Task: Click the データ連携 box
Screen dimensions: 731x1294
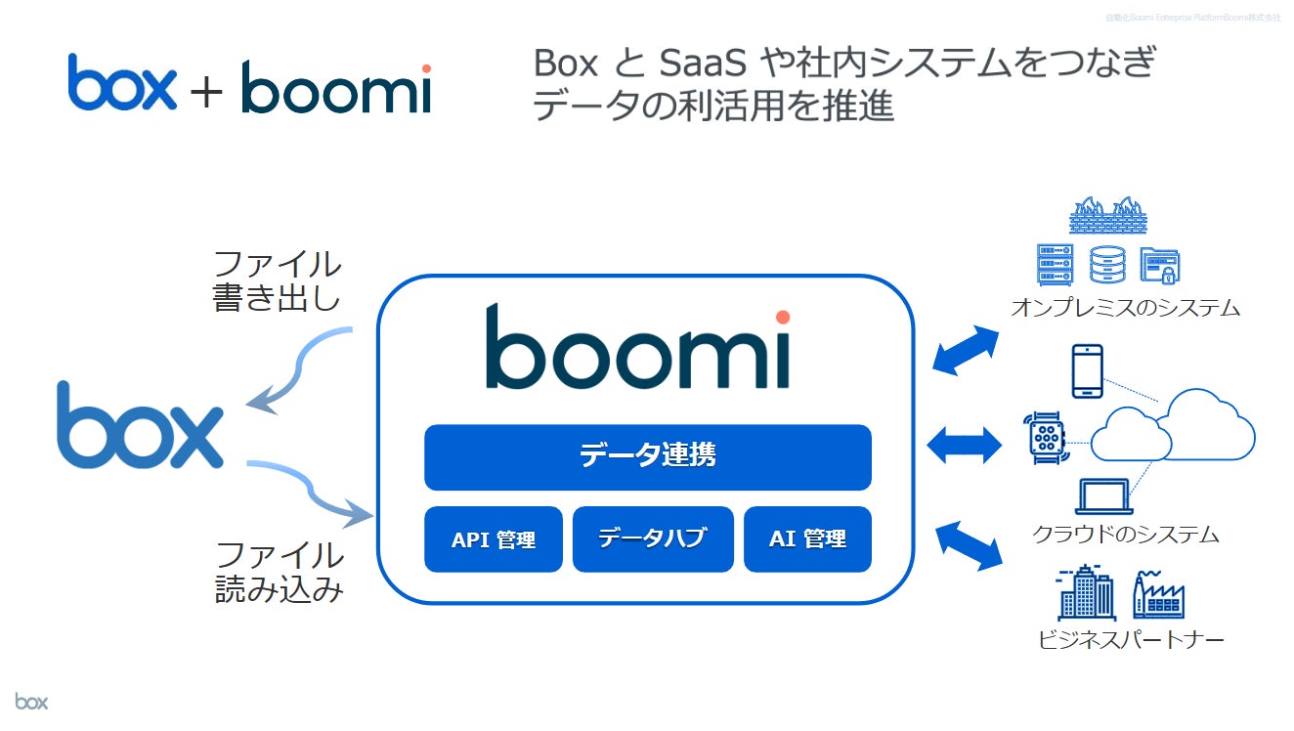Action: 647,456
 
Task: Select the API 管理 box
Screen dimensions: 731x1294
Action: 493,538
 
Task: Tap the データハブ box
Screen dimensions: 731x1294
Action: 652,538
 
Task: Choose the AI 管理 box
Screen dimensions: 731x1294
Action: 807,538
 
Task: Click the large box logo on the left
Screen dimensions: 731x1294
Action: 140,427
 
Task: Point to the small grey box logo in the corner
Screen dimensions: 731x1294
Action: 31,701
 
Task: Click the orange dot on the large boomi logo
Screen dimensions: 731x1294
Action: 782,317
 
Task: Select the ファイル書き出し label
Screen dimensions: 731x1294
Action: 278,279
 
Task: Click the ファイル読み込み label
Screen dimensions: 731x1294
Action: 280,572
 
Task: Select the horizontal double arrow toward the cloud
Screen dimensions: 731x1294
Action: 964,446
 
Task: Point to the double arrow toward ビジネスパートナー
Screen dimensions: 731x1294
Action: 969,544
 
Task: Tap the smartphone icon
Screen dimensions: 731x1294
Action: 1087,370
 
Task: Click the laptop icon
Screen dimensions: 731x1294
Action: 1104,496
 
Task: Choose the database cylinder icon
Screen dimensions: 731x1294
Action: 1107,264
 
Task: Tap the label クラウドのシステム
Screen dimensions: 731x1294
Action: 1125,535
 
